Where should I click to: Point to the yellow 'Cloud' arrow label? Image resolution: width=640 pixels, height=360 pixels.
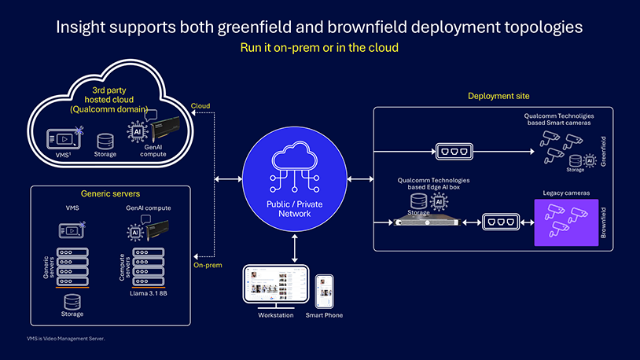[200, 105]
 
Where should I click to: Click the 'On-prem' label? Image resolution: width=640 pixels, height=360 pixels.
[208, 265]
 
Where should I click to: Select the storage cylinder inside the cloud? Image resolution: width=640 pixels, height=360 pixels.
[105, 141]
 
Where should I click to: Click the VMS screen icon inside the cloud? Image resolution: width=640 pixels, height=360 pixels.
[61, 138]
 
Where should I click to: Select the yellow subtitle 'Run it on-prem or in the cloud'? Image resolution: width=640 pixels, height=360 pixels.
[319, 48]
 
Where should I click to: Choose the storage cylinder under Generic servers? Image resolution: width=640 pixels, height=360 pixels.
[72, 301]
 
